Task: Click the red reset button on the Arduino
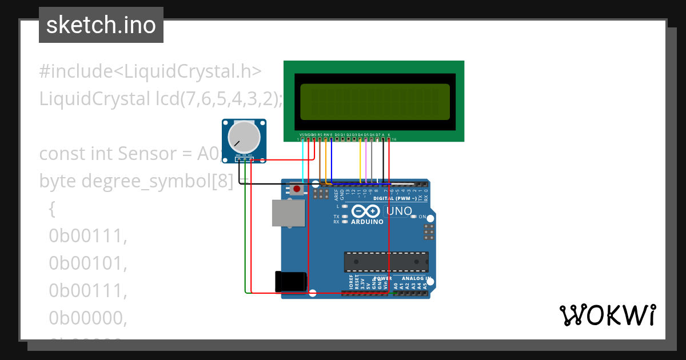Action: [x=297, y=189]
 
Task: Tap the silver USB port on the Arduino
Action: [x=288, y=213]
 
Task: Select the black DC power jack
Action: [x=291, y=282]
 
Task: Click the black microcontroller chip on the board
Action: [x=386, y=261]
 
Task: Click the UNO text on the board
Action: [x=400, y=211]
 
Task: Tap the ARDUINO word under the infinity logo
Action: [x=366, y=222]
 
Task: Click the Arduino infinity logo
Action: [x=366, y=211]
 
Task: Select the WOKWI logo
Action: [x=608, y=315]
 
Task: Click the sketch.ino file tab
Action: [x=101, y=25]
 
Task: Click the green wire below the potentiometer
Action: [x=245, y=229]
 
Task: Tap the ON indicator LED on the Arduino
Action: [x=414, y=217]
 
